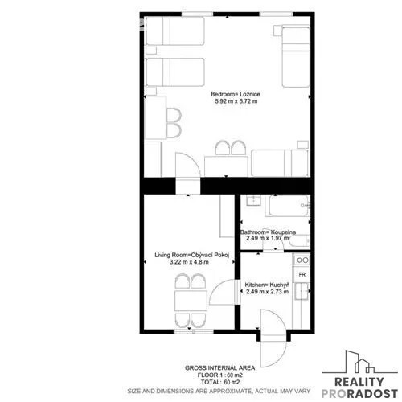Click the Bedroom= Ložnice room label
(x=236, y=94)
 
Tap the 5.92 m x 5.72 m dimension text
(x=236, y=101)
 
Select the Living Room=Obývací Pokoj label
(x=192, y=255)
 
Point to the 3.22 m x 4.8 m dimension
(x=189, y=262)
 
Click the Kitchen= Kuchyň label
(x=267, y=285)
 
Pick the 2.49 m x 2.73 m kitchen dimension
(x=267, y=292)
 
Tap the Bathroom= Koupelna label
(x=268, y=232)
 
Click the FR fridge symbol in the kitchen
(x=302, y=274)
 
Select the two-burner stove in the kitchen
(x=302, y=260)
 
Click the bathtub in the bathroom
(x=289, y=206)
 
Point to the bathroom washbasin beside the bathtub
(x=253, y=200)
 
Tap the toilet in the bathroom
(x=300, y=241)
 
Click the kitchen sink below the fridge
(x=302, y=291)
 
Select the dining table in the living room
(x=191, y=301)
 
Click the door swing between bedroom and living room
(x=187, y=164)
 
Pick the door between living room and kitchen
(x=223, y=292)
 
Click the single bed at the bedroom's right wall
(x=296, y=56)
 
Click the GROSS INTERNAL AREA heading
(x=219, y=368)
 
